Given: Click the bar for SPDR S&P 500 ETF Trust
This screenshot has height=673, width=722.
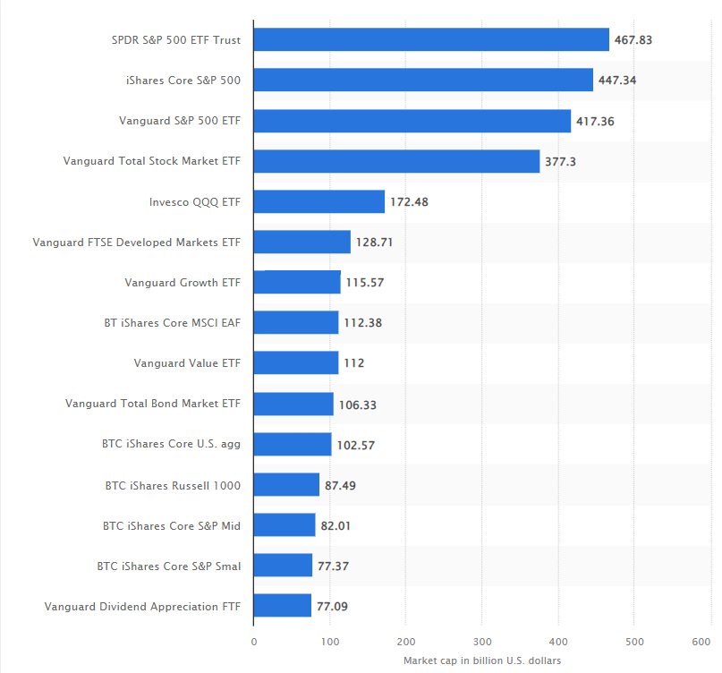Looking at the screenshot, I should [431, 39].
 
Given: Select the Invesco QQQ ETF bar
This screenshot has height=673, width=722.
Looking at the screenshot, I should [319, 201].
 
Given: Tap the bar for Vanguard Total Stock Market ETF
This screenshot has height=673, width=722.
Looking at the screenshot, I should [396, 161].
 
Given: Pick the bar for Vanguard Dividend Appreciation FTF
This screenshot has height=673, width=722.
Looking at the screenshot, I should [283, 606].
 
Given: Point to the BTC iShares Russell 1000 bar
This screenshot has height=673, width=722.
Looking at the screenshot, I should [286, 485].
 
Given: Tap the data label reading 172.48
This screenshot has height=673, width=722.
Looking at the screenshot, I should [410, 202].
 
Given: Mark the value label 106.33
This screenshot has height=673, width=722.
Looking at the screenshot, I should [358, 405].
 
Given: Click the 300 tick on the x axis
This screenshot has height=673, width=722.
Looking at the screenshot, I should [481, 642].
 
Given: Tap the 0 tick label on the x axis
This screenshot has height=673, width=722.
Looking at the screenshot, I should [254, 642].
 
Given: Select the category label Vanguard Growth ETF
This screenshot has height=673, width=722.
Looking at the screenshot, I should [183, 283].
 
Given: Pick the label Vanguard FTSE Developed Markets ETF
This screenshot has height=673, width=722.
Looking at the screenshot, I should [137, 243].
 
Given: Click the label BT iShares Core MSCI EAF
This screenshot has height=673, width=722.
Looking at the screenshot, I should [173, 323].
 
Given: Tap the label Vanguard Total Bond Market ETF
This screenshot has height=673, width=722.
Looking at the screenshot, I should [153, 404].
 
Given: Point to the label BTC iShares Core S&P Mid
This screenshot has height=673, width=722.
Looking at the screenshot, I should [172, 525].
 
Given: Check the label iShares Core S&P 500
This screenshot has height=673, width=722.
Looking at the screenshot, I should [183, 81].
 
